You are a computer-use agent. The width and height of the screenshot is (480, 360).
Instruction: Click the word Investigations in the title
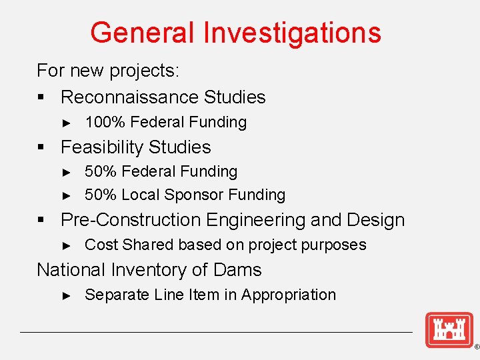point(293,33)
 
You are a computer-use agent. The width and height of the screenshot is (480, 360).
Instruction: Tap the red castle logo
point(449,330)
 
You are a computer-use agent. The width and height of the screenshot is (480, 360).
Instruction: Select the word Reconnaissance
point(129,97)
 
